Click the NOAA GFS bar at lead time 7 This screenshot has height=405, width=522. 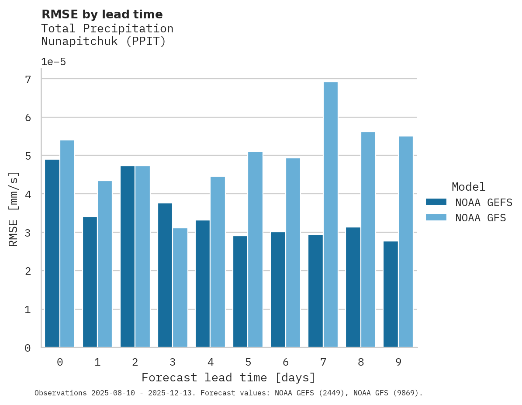point(330,214)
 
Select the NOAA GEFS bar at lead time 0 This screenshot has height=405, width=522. point(52,253)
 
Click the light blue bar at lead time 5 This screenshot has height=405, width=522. point(255,249)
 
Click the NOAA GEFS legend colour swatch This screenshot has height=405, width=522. point(436,202)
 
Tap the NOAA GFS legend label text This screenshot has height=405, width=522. point(480,218)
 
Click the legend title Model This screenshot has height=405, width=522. point(468,187)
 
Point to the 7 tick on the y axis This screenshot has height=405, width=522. point(28,79)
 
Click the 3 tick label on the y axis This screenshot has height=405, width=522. point(28,233)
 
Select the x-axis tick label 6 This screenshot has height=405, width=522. point(286,362)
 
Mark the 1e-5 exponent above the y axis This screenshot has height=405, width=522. point(53,62)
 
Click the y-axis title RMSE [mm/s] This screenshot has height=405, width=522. point(14,209)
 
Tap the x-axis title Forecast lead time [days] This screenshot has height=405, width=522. point(228,377)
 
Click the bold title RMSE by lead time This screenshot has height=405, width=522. point(102,14)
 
